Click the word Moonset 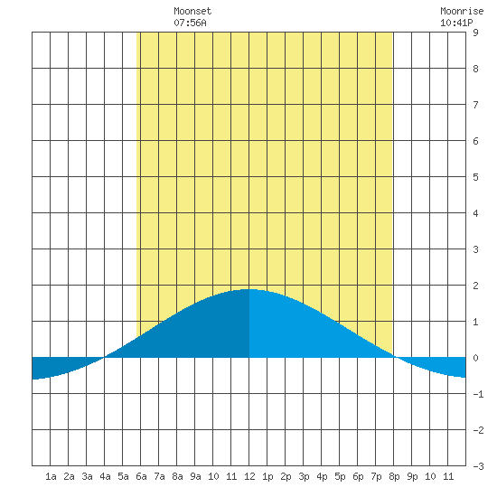[192, 11]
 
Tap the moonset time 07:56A [190, 23]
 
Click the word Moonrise [462, 11]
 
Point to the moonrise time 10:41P [456, 23]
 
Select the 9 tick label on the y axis [475, 33]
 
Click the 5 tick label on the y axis [475, 177]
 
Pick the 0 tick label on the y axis [475, 358]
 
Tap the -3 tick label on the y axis [478, 466]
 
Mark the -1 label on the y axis [478, 394]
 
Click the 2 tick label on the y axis [475, 286]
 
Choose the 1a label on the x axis [51, 476]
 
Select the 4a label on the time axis [105, 476]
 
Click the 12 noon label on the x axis [249, 476]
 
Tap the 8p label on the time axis [394, 476]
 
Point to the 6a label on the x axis [141, 476]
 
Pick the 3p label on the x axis [304, 476]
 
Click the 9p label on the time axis [412, 476]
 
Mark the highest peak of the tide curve [249, 289]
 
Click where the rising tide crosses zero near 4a [104, 357]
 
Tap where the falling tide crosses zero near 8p [395, 357]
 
